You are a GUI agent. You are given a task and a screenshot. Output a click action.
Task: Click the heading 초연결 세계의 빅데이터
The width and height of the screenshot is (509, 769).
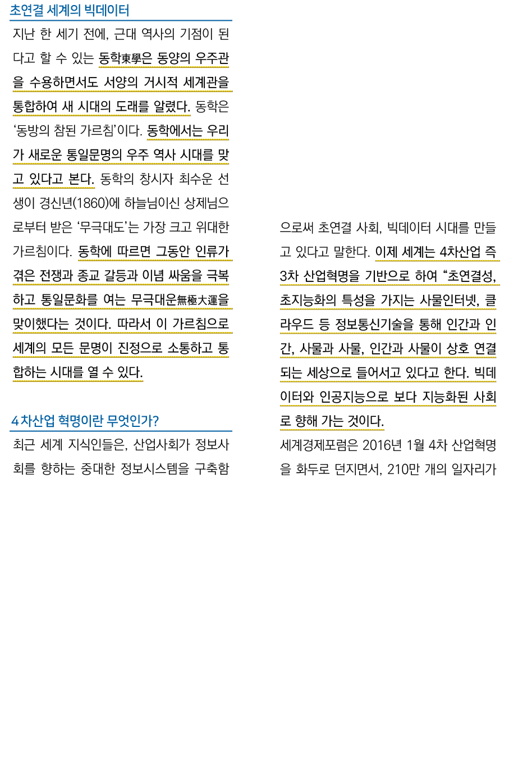(69, 11)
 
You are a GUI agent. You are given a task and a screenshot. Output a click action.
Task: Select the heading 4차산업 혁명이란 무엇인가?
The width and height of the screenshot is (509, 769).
(85, 421)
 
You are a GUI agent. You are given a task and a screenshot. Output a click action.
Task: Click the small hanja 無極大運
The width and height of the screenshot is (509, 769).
(198, 301)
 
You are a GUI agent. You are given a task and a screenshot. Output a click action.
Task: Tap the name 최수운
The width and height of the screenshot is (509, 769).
(196, 179)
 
